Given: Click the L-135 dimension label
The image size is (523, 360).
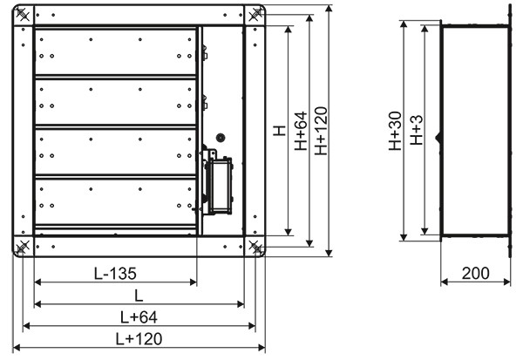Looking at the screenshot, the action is (x=115, y=274).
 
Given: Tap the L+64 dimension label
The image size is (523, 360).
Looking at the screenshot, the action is (x=139, y=317).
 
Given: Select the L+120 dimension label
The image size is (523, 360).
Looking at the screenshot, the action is (x=139, y=339).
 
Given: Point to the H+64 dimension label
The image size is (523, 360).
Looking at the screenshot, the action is (x=301, y=131).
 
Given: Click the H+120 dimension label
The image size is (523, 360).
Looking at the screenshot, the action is (x=321, y=131).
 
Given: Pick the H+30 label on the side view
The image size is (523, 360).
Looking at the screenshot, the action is (x=395, y=131).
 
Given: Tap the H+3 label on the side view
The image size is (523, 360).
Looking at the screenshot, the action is (x=417, y=130).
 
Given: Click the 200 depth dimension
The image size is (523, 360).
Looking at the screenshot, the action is (x=476, y=273).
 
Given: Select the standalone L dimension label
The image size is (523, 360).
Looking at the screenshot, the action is (x=139, y=295).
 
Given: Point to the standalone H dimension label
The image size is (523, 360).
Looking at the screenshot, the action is (x=280, y=131).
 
